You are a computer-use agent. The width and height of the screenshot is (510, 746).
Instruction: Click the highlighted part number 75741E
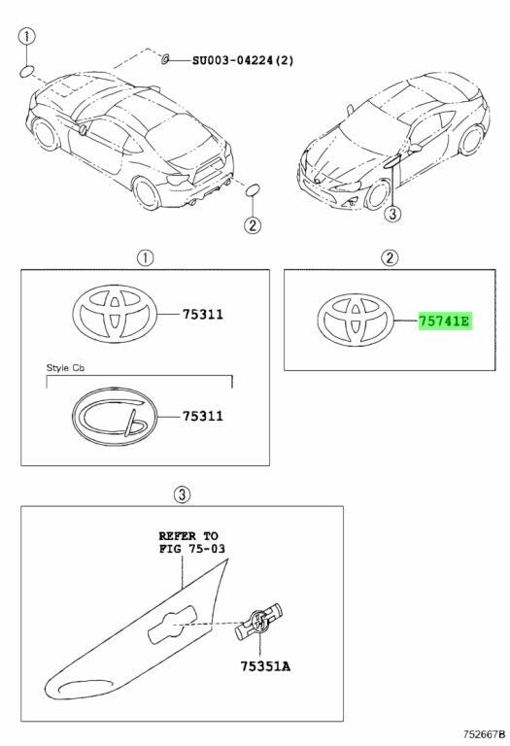[x=444, y=322]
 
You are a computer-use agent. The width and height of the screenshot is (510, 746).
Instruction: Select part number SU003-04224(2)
[x=243, y=60]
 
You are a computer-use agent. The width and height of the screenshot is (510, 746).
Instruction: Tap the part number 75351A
[x=265, y=666]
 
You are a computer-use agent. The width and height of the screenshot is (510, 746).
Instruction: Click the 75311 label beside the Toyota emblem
[x=203, y=315]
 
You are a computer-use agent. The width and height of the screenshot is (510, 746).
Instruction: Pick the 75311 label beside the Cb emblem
[x=203, y=417]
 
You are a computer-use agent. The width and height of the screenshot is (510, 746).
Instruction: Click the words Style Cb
[x=65, y=368]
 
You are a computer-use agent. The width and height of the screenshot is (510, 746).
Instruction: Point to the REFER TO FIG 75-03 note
[x=191, y=542]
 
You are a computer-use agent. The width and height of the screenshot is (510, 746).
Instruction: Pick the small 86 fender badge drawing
[x=258, y=621]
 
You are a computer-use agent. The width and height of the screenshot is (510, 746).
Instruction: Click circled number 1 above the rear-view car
[x=26, y=36]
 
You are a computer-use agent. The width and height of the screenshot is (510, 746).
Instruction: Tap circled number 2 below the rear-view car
[x=253, y=224]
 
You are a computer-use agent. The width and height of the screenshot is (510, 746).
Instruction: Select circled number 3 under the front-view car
[x=392, y=214]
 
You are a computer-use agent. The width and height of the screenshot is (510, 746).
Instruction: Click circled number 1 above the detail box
[x=145, y=258]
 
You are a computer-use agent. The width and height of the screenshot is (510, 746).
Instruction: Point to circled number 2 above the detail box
[x=390, y=258]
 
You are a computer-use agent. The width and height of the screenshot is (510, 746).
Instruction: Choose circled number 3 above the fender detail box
[x=183, y=494]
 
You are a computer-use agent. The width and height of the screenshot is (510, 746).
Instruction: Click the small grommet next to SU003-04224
[x=165, y=59]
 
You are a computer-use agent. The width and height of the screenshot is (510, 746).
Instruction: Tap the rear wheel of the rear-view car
[x=147, y=193]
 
